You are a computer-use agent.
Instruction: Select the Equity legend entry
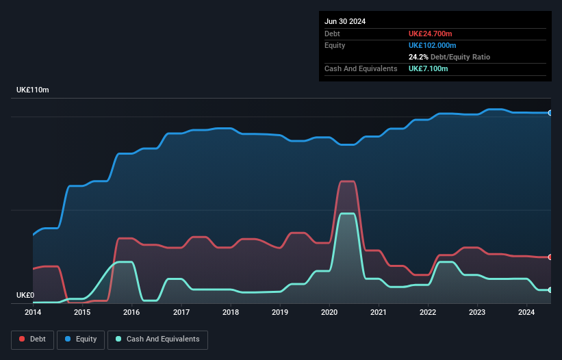click(81, 339)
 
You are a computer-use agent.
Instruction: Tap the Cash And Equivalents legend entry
click(157, 339)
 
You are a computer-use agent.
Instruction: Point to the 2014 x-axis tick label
click(33, 313)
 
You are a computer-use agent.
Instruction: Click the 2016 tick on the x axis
click(131, 313)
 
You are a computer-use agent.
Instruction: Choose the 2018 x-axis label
click(231, 313)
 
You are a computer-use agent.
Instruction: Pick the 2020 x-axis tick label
click(329, 313)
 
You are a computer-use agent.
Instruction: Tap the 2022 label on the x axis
click(428, 313)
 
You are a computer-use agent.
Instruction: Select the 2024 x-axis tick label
click(526, 313)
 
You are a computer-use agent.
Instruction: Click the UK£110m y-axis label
click(33, 90)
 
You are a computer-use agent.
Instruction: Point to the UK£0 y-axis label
click(25, 296)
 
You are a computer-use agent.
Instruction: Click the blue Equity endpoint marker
click(550, 113)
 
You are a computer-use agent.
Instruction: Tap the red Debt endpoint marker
click(550, 257)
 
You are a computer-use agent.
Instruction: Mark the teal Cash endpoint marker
click(550, 290)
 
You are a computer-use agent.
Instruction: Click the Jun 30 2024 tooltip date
click(345, 21)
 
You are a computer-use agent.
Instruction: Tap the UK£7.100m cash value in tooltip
click(429, 68)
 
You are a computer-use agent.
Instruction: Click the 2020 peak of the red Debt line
click(347, 181)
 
